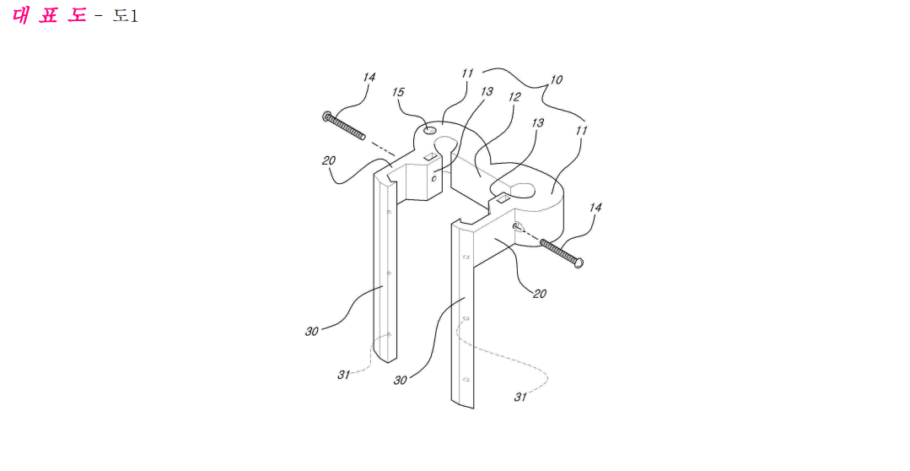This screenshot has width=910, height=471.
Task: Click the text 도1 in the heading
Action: click(126, 16)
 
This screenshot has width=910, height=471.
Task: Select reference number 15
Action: click(398, 92)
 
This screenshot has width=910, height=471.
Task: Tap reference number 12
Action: click(514, 96)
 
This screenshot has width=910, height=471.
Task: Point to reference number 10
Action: click(556, 79)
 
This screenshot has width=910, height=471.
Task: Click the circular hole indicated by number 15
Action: click(429, 130)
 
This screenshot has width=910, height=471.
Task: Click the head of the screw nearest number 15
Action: click(326, 116)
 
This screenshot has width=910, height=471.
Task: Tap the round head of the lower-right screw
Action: click(578, 263)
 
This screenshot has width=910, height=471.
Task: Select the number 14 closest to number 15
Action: click(369, 78)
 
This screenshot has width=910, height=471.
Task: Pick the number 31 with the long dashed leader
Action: click(520, 397)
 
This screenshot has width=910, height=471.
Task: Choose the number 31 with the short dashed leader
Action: click(343, 375)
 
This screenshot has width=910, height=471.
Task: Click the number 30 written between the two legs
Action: click(400, 381)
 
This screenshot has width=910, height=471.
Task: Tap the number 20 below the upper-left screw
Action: click(328, 160)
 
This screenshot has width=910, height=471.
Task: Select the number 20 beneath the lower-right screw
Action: click(540, 294)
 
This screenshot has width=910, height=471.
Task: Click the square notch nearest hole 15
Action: click(430, 155)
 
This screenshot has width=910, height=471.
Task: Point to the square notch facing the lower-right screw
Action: click(502, 199)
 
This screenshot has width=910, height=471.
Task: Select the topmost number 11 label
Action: click(468, 73)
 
